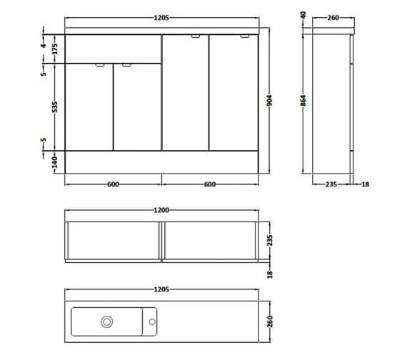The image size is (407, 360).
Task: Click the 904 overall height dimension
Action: click(x=269, y=102)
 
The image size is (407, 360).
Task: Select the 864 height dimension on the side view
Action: click(x=303, y=102)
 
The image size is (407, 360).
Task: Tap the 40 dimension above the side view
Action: click(x=303, y=14)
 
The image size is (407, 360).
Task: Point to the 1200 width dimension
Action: click(x=161, y=211)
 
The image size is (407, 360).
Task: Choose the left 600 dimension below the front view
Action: click(x=113, y=184)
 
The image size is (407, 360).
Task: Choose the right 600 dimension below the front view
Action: click(x=209, y=184)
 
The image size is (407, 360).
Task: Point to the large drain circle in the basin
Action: click(x=106, y=322)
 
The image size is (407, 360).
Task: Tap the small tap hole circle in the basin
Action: click(x=152, y=322)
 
